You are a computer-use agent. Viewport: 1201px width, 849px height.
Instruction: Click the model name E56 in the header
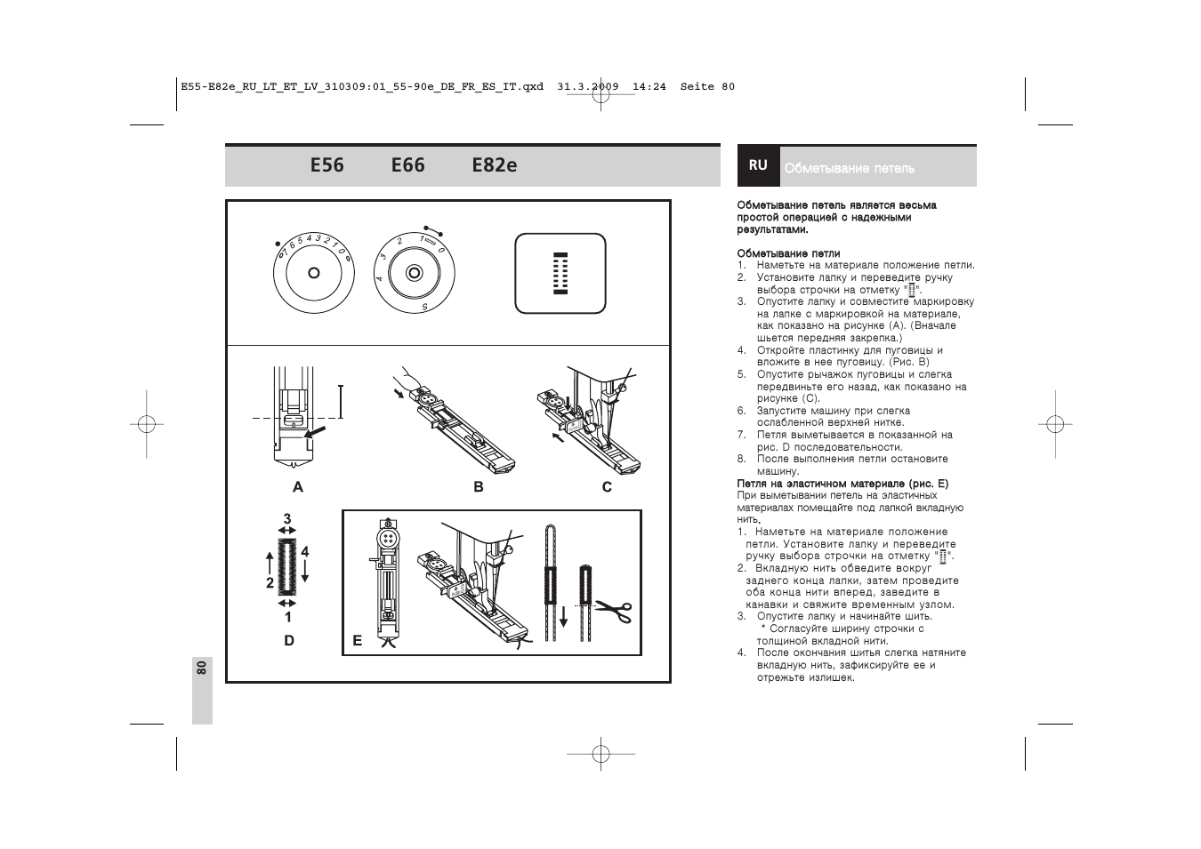tap(327, 165)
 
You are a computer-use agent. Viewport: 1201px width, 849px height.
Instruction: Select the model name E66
tap(408, 165)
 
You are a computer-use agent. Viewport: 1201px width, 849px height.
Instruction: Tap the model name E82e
tap(495, 165)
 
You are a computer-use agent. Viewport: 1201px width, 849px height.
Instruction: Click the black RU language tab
tap(758, 165)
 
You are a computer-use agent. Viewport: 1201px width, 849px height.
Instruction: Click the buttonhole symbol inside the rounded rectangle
tap(560, 273)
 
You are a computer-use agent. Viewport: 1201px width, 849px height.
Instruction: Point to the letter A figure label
tap(298, 487)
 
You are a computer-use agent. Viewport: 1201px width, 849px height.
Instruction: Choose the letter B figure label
tap(479, 487)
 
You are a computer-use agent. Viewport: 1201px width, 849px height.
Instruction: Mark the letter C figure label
tap(607, 487)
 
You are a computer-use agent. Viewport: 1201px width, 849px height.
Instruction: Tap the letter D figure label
tap(289, 641)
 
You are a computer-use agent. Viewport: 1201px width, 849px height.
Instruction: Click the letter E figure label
tap(357, 641)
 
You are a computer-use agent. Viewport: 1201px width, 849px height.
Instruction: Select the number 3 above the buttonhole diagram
tap(287, 518)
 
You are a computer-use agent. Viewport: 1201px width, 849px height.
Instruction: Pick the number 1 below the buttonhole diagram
tap(288, 617)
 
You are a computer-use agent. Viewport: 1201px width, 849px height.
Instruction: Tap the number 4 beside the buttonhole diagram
tap(305, 552)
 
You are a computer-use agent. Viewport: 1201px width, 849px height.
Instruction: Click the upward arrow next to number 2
tap(270, 564)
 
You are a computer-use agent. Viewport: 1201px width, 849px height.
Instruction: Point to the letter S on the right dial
tap(424, 307)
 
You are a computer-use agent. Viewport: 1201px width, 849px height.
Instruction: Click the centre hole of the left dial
tap(314, 273)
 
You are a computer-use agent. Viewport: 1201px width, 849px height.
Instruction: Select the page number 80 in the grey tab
tap(202, 668)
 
